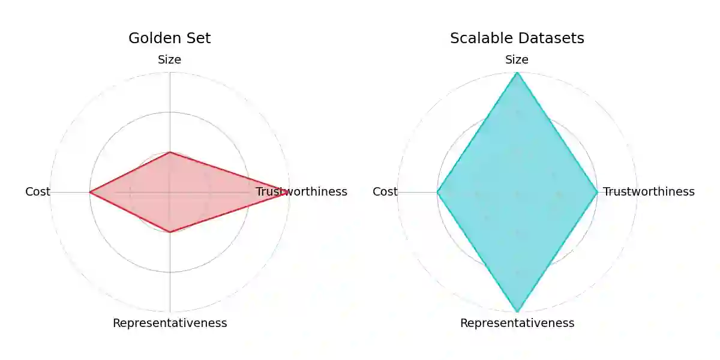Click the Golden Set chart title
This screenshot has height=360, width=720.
170,38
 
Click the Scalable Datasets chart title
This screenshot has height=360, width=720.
517,38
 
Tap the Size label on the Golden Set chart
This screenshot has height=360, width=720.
170,60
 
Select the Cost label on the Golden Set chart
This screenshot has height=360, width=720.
38,192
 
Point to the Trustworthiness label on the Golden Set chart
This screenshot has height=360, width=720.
301,192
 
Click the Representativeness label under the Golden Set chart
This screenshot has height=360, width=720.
170,323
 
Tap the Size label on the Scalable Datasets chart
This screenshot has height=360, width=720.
517,60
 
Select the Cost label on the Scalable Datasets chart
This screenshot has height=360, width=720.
385,192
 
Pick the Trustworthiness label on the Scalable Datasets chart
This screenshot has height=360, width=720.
649,192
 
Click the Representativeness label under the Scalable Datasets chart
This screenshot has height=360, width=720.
517,323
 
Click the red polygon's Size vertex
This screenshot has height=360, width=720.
170,152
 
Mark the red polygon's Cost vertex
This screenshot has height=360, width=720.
90,192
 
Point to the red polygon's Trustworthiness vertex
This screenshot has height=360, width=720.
287,192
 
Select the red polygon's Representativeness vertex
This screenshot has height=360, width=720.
170,232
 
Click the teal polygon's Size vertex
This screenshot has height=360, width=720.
517,73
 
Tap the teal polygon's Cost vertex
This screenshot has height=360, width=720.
437,192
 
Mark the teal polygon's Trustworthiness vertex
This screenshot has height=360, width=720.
597,192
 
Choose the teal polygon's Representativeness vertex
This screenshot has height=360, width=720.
517,311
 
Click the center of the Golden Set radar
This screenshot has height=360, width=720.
170,192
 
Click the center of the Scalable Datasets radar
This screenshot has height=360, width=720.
517,192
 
